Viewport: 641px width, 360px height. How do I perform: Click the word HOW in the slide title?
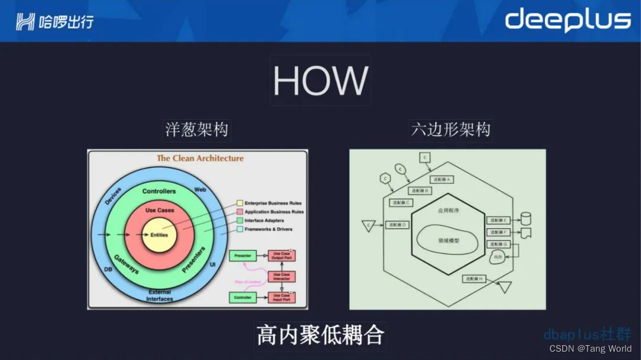(x=320, y=81)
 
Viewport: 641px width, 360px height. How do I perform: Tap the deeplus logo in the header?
(x=567, y=20)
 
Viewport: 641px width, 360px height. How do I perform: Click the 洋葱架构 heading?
(x=196, y=130)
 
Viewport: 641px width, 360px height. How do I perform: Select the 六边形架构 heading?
(x=451, y=130)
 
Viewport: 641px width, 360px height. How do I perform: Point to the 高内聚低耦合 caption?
(x=320, y=335)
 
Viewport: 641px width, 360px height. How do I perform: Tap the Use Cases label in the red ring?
(x=159, y=211)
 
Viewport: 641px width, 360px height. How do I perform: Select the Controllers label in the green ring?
(x=159, y=192)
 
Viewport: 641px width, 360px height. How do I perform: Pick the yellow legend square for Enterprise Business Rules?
(x=240, y=203)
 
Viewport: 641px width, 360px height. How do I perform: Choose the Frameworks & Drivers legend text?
(x=268, y=229)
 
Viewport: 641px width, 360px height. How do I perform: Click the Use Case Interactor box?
(x=282, y=276)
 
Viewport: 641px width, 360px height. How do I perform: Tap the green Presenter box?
(x=243, y=256)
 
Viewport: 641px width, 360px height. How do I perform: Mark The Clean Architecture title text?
(x=200, y=158)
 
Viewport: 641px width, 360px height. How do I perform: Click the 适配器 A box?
(x=441, y=179)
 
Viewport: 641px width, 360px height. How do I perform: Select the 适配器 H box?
(x=474, y=278)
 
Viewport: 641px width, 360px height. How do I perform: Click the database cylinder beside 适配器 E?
(x=525, y=218)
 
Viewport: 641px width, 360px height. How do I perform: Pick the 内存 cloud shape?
(x=498, y=257)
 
